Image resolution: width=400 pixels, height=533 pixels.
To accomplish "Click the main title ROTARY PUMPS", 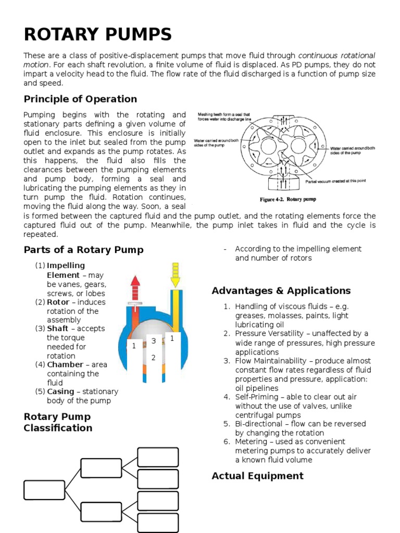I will pyautogui.click(x=97, y=35).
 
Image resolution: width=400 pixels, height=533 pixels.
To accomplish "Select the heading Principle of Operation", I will pyautogui.click(x=80, y=99).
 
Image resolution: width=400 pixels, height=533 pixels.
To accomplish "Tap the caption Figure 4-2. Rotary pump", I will pyautogui.click(x=288, y=199).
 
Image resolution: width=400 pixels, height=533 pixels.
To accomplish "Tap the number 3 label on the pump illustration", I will pyautogui.click(x=154, y=341).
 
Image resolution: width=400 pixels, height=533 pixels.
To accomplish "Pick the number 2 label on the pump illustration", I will pyautogui.click(x=154, y=358).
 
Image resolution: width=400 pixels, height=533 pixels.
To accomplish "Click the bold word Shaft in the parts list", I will pyautogui.click(x=58, y=328).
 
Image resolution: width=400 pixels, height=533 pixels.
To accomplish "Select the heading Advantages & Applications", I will pyautogui.click(x=281, y=290).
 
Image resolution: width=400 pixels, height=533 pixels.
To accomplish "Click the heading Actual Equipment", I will pyautogui.click(x=257, y=476).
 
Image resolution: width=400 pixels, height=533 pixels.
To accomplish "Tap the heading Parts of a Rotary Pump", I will pyautogui.click(x=83, y=250).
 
